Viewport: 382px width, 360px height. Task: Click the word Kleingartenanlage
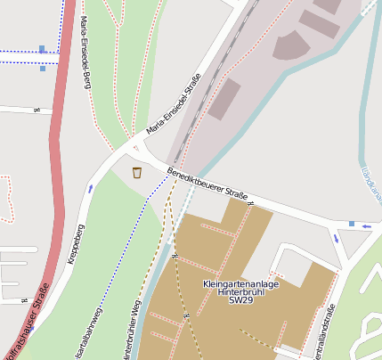241,284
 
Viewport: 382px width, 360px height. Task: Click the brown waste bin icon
137,172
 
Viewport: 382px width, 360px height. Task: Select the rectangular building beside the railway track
225,96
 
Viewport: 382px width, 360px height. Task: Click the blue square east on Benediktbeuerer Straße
352,224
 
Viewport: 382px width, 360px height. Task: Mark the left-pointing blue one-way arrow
366,226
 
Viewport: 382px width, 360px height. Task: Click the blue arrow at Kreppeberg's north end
90,188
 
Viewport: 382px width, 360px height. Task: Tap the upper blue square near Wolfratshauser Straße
43,49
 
